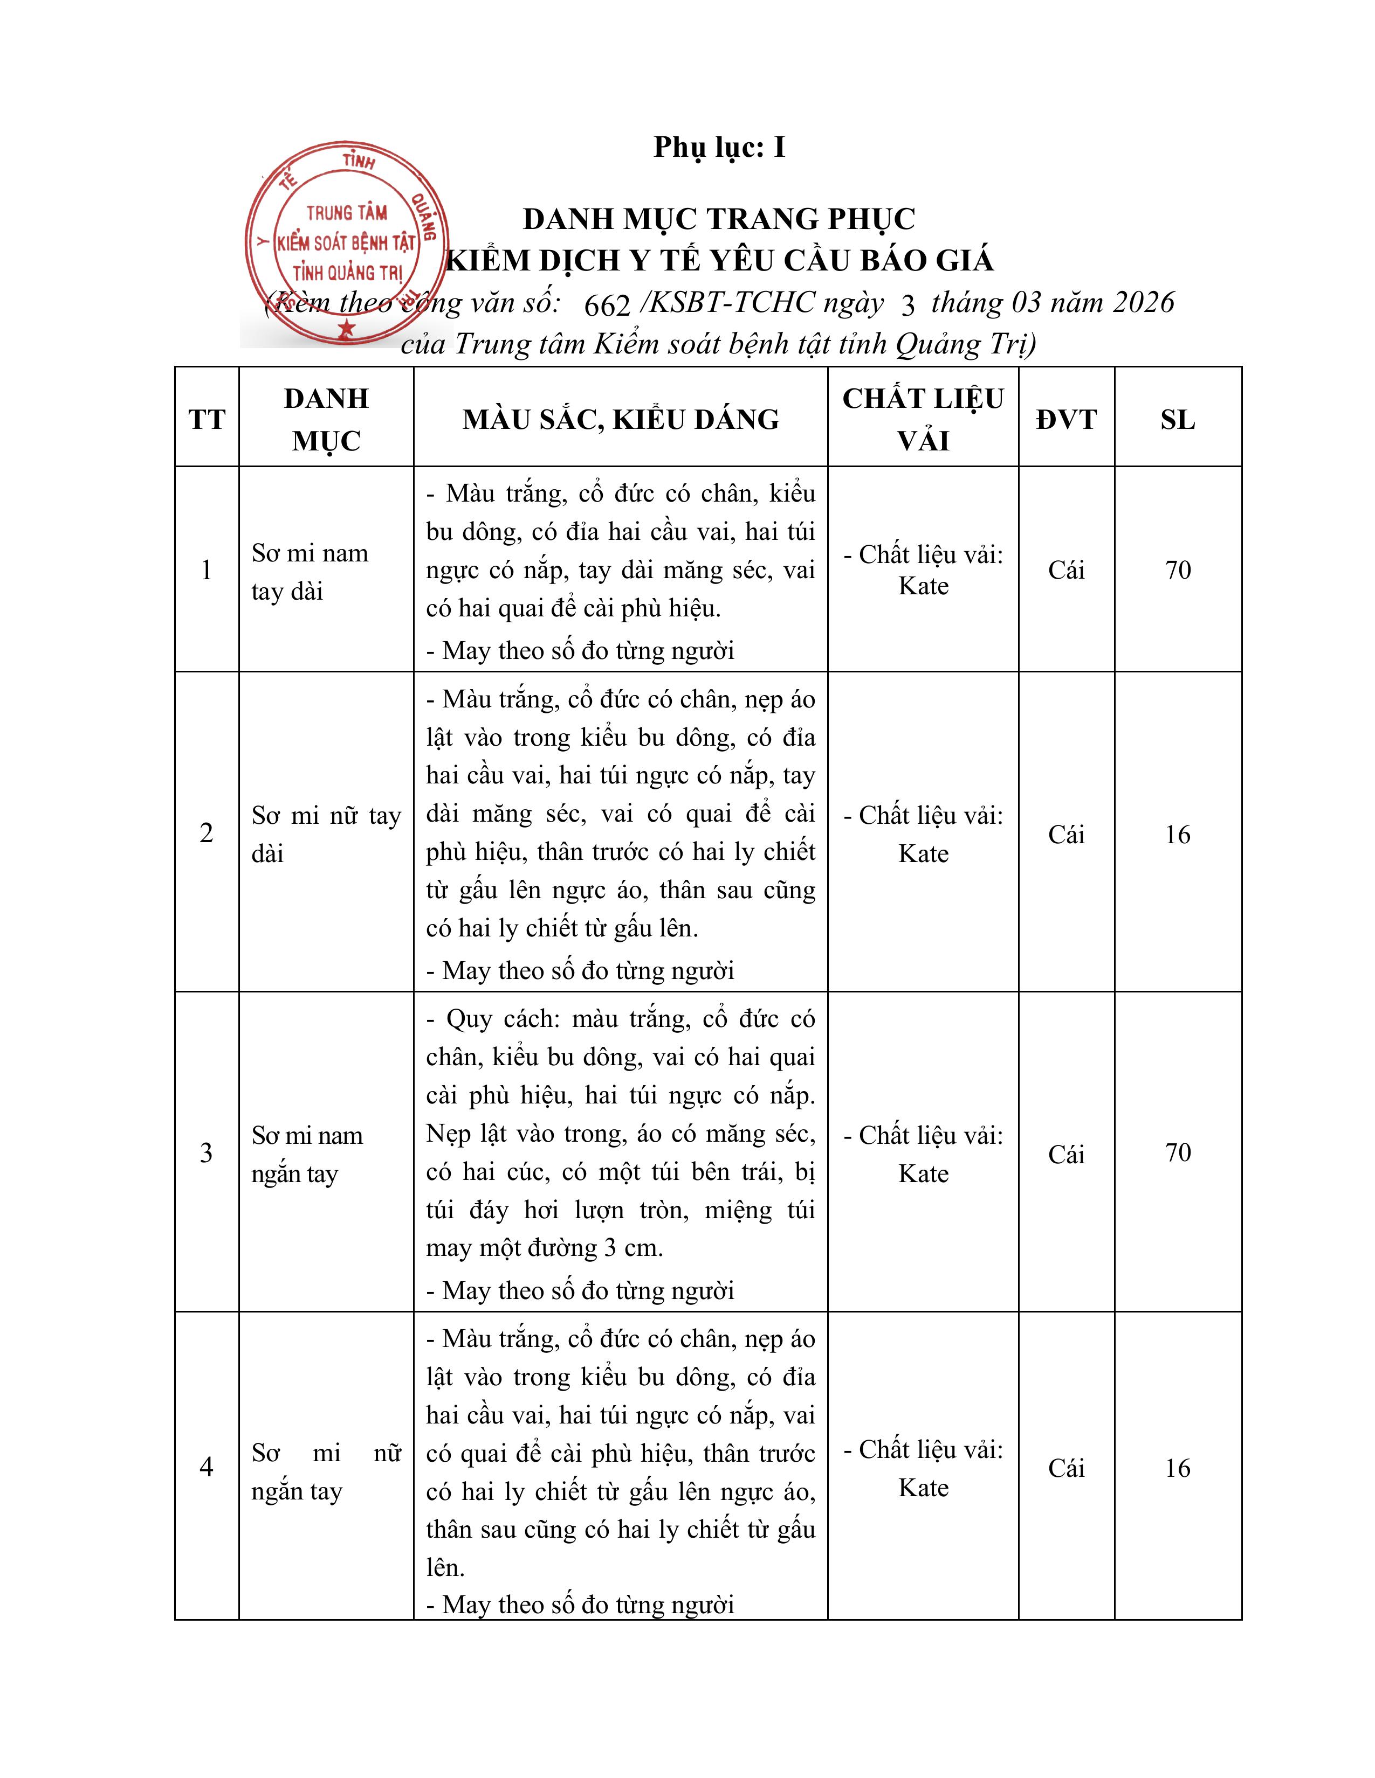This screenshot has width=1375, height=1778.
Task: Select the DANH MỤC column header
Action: tap(326, 419)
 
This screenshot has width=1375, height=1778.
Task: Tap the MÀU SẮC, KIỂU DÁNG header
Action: tap(621, 419)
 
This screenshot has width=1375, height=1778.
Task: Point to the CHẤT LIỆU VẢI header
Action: tap(923, 419)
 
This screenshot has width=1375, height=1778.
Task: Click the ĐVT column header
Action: tap(1066, 419)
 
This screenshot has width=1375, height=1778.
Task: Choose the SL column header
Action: tap(1178, 419)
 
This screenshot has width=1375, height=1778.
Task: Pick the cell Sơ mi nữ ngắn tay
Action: tap(326, 1471)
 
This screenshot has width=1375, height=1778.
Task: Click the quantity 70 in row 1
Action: tap(1178, 570)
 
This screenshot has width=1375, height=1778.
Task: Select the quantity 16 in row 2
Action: tap(1178, 835)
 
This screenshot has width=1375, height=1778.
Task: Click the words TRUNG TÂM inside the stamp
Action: tap(347, 213)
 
